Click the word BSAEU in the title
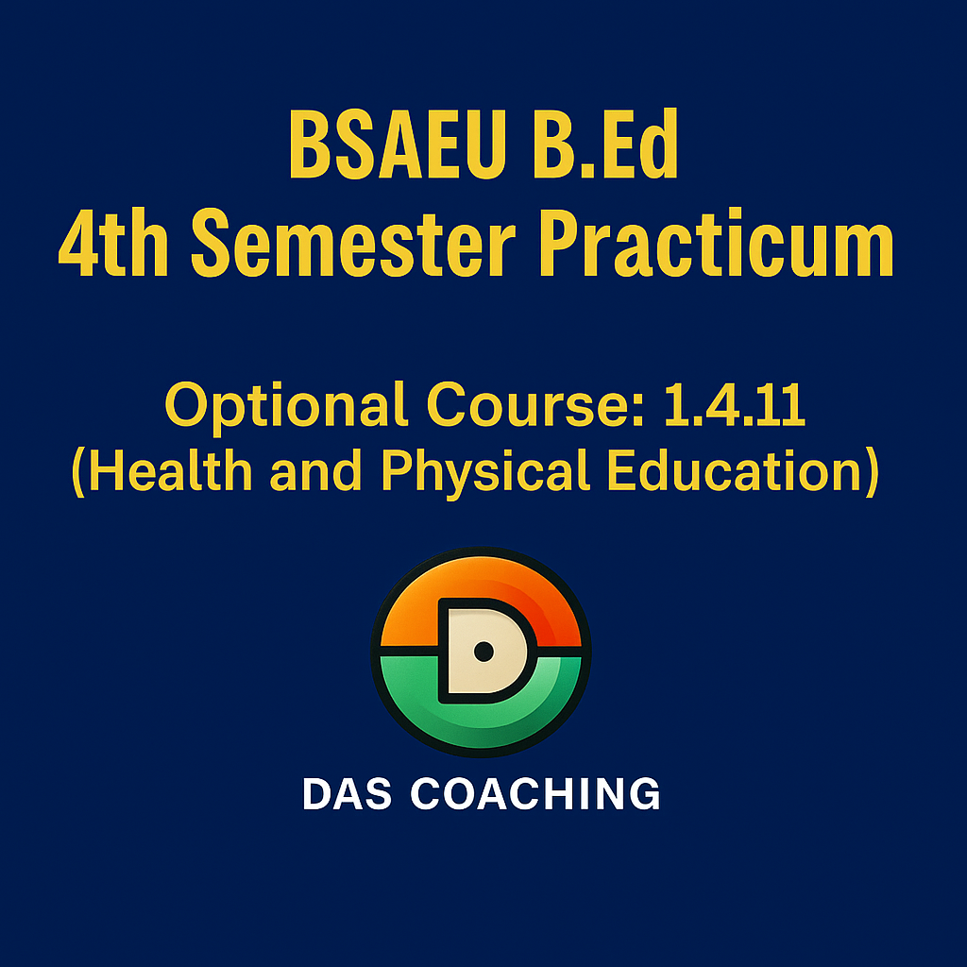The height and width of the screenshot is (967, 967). point(398,144)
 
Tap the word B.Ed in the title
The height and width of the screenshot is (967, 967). point(605,144)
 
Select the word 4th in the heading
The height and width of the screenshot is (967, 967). point(113,243)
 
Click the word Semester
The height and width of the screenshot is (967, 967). point(353,243)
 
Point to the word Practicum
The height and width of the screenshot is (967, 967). point(718,243)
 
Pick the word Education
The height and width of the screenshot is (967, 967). point(734,470)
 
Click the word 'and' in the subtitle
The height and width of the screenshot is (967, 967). point(315,470)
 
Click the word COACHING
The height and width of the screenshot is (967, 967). point(535,793)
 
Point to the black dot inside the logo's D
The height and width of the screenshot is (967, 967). point(483,652)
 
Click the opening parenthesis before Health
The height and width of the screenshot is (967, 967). point(78,472)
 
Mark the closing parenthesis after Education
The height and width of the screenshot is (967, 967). point(872,472)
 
